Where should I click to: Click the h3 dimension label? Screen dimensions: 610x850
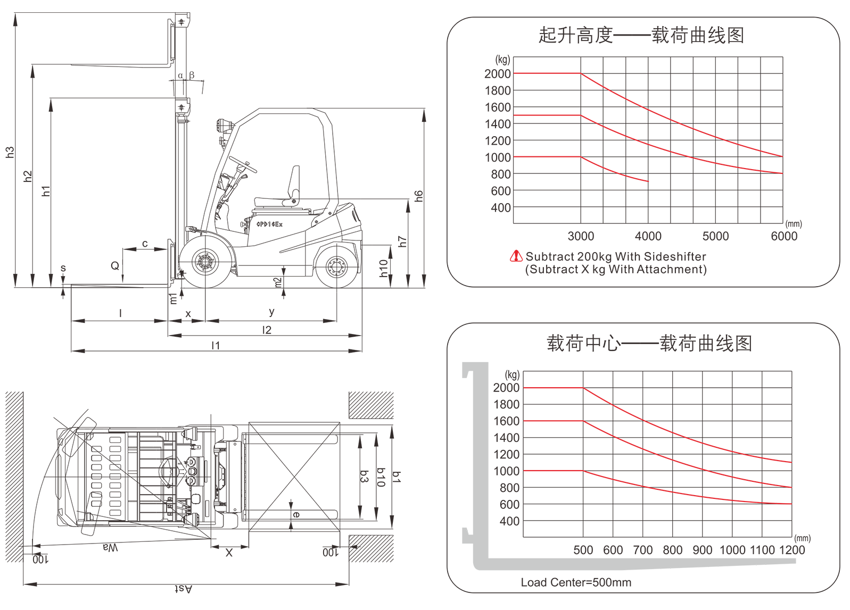tap(10, 152)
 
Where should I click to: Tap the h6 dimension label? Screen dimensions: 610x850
tap(419, 196)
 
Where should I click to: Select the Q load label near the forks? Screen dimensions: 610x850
tap(115, 265)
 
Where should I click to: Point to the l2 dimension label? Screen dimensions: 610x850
tap(267, 330)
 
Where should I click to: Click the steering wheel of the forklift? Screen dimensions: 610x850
tap(243, 164)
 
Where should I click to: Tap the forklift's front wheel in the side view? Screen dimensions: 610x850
tap(205, 262)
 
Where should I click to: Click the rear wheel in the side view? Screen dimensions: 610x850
tap(336, 266)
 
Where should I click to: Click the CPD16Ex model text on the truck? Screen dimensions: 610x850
tap(270, 224)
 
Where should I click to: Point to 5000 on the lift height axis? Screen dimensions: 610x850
tap(715, 236)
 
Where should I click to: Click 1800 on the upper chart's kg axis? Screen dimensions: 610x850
tap(498, 91)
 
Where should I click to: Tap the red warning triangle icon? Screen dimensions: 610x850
tap(516, 256)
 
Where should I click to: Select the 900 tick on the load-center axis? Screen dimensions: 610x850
tap(703, 550)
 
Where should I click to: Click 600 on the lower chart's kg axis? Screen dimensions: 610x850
tap(509, 505)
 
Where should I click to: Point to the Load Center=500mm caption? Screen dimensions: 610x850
tap(576, 582)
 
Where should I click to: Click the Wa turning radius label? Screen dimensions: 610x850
tap(110, 547)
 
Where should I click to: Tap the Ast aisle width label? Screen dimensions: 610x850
tap(183, 589)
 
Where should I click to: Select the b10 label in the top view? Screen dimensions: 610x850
tap(381, 477)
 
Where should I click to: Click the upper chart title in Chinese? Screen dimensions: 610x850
tap(641, 35)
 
